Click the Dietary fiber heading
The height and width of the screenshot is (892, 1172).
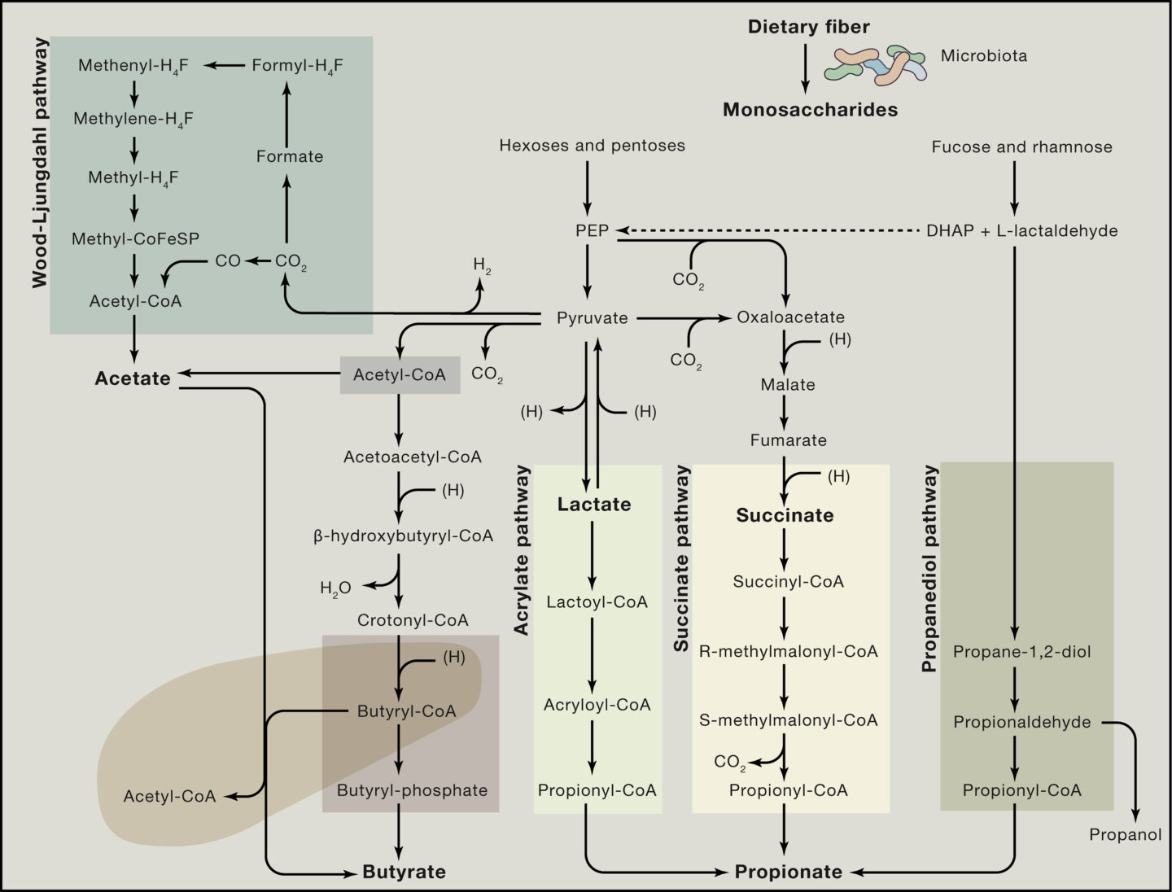point(808,27)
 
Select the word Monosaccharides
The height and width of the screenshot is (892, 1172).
point(810,110)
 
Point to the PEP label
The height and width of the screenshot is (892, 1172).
point(592,230)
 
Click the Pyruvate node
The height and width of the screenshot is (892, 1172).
point(592,318)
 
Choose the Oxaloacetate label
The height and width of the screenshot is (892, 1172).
point(790,317)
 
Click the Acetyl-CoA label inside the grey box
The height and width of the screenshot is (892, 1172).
point(399,375)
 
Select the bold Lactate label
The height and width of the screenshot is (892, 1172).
point(594,505)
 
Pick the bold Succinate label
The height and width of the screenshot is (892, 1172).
point(785,515)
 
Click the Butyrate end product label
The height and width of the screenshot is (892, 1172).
point(404,872)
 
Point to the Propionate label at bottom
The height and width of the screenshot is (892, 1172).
point(788,872)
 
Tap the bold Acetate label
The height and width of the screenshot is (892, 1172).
point(133,378)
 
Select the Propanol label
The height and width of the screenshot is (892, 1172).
point(1125,835)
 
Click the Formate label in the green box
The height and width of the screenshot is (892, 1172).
point(289,156)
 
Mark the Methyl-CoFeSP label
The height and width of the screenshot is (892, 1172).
point(135,238)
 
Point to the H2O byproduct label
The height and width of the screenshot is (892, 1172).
point(335,588)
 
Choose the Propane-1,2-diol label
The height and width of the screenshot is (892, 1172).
point(1021,652)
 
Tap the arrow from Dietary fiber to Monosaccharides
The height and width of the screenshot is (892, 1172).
point(805,68)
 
